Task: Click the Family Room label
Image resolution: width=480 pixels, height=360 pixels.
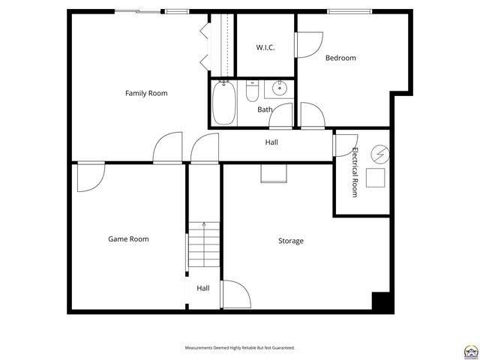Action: point(146,93)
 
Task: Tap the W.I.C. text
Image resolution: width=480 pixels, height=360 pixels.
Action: point(265,47)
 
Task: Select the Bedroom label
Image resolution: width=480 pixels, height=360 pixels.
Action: point(340,58)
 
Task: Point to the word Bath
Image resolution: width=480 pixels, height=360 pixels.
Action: point(265,109)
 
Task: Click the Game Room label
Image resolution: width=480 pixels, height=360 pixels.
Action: point(128,239)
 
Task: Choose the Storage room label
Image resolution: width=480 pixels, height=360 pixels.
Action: point(291,241)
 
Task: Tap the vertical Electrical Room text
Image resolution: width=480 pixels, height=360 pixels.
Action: point(355,172)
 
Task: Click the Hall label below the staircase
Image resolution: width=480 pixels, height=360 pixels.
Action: point(203,288)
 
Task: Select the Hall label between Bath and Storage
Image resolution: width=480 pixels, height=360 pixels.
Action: point(271,142)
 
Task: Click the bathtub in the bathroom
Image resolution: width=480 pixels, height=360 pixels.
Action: point(223,103)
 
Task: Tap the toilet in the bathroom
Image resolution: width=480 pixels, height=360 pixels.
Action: point(253,91)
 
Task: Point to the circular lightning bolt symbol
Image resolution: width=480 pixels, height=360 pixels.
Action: point(379,153)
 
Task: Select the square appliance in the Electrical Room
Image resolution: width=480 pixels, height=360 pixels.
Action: point(374,178)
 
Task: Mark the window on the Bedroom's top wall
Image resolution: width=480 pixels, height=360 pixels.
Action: point(349,10)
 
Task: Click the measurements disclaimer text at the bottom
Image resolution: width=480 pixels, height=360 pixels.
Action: point(240,348)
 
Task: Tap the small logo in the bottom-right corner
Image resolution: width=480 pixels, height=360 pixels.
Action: point(470,350)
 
